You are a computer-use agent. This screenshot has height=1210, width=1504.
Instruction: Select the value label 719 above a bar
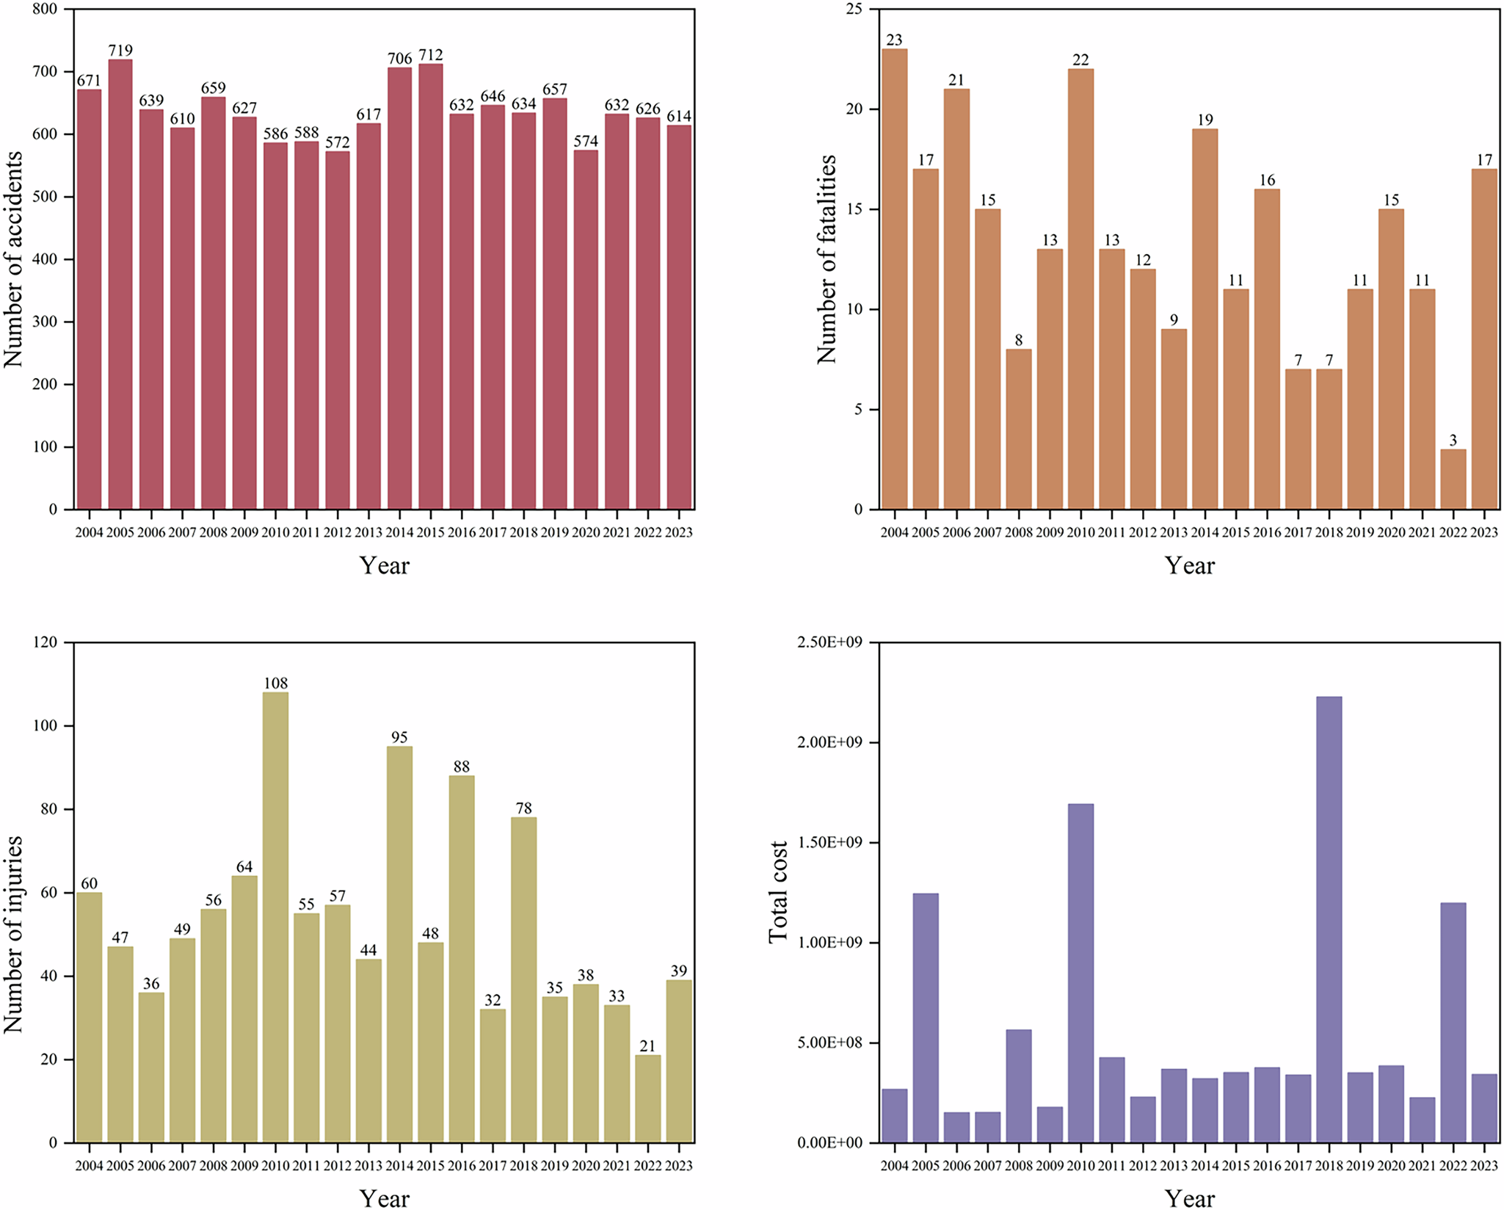tap(120, 51)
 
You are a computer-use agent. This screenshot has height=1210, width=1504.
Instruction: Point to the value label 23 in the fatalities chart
tap(894, 40)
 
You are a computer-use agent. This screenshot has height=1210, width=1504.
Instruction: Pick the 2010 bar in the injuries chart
tap(275, 918)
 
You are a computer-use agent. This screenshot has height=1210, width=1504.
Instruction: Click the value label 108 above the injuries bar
tap(275, 684)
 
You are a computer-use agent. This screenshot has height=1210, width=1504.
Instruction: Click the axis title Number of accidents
tap(14, 259)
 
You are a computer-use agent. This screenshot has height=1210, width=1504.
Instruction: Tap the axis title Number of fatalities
tap(827, 259)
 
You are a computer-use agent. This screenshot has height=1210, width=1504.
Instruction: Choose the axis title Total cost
tap(777, 893)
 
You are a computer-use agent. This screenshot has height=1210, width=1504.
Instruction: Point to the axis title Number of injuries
tap(14, 934)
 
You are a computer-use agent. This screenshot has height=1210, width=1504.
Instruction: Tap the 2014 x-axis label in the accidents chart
tap(399, 532)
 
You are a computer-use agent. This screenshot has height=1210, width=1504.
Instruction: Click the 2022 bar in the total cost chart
tap(1453, 1023)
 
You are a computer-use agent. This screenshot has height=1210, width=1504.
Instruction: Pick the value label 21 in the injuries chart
tap(647, 1046)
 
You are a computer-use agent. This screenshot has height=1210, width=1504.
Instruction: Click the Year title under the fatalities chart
tap(1189, 565)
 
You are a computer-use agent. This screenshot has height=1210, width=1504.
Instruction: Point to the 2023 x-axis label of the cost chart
tap(1484, 1166)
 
